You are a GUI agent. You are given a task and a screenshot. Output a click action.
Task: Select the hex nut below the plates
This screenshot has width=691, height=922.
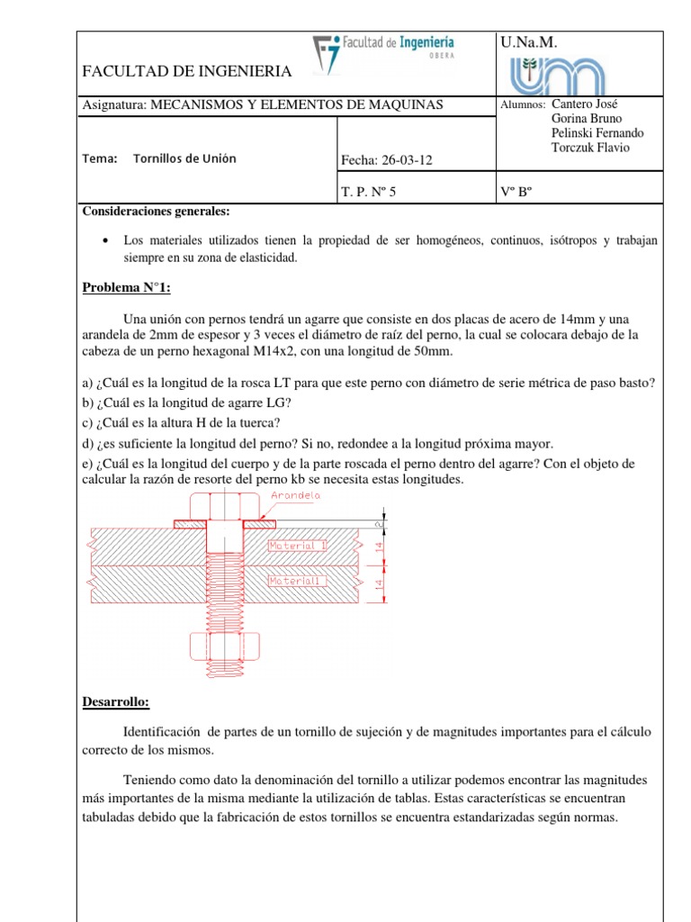pos(224,646)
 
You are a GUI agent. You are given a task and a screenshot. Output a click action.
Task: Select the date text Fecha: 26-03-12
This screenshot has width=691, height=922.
pos(386,161)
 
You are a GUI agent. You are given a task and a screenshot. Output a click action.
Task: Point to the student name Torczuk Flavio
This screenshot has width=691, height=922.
pos(589,148)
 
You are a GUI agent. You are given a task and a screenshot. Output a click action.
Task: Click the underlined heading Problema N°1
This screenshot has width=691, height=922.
pos(126,288)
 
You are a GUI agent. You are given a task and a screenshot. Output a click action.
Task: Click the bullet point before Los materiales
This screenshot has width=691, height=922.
pos(107,241)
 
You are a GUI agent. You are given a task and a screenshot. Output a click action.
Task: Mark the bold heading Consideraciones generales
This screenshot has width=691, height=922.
pos(156,212)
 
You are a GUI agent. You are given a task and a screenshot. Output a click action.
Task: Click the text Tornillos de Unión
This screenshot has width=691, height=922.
pos(184,158)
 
